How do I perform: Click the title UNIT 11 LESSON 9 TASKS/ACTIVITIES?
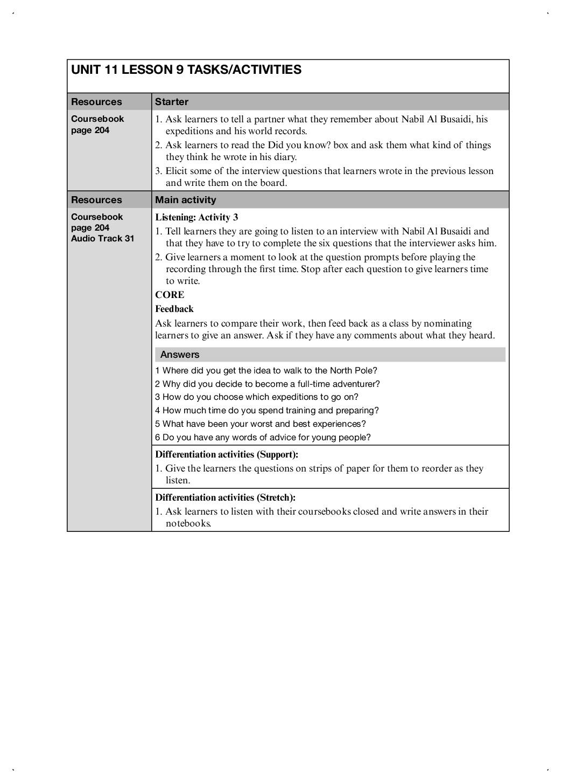pos(186,70)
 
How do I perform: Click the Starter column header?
pos(172,102)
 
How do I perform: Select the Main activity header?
pos(186,200)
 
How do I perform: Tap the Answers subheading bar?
pos(180,355)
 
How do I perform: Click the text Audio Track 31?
pos(102,239)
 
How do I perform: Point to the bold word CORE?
pos(170,295)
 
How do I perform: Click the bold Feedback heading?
pos(174,309)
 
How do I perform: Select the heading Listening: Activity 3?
pos(197,217)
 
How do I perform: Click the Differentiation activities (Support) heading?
pos(227,454)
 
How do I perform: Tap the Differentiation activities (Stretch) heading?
pos(226,497)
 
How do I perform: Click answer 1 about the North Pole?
pos(266,371)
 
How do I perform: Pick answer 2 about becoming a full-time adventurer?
pos(268,384)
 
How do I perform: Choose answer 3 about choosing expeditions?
pos(257,397)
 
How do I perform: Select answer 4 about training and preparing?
pos(267,411)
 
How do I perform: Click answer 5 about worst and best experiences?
pos(261,424)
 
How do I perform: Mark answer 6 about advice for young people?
pos(263,438)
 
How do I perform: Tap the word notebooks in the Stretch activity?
pos(188,524)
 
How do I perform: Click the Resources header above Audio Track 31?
pos(96,200)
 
